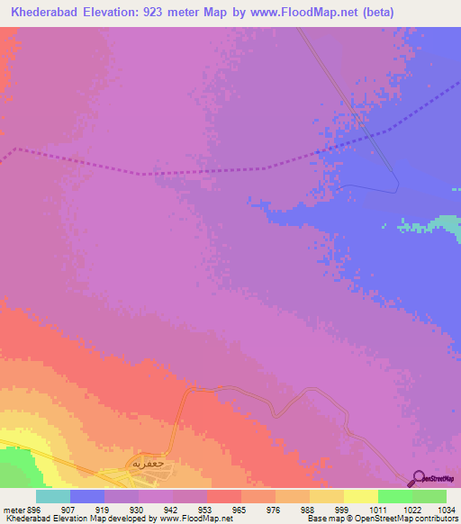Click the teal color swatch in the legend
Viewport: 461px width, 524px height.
[53, 497]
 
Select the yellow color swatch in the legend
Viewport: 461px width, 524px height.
[361, 497]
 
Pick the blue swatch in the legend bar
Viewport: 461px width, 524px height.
[87, 497]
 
